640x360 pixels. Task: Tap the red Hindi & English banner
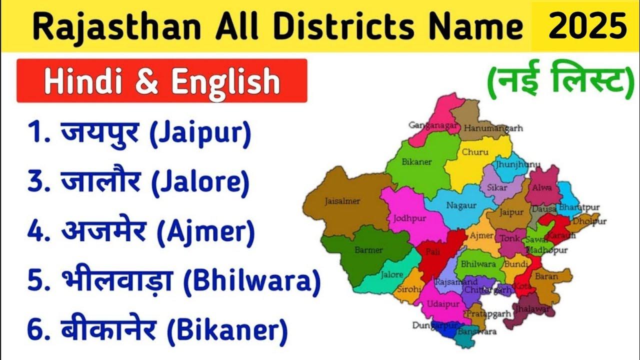[x=161, y=81]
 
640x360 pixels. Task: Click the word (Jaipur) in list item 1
[x=198, y=135]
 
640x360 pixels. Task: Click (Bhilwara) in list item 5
[x=251, y=281]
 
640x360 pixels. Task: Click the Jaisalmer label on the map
[x=342, y=201]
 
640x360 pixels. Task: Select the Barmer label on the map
[x=368, y=250]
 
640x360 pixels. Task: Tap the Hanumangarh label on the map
[x=493, y=128]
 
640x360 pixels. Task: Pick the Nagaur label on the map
[x=458, y=205]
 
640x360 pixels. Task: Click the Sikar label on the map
[x=497, y=188]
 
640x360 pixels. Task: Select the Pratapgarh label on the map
[x=482, y=313]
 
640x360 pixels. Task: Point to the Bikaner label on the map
[x=417, y=162]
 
